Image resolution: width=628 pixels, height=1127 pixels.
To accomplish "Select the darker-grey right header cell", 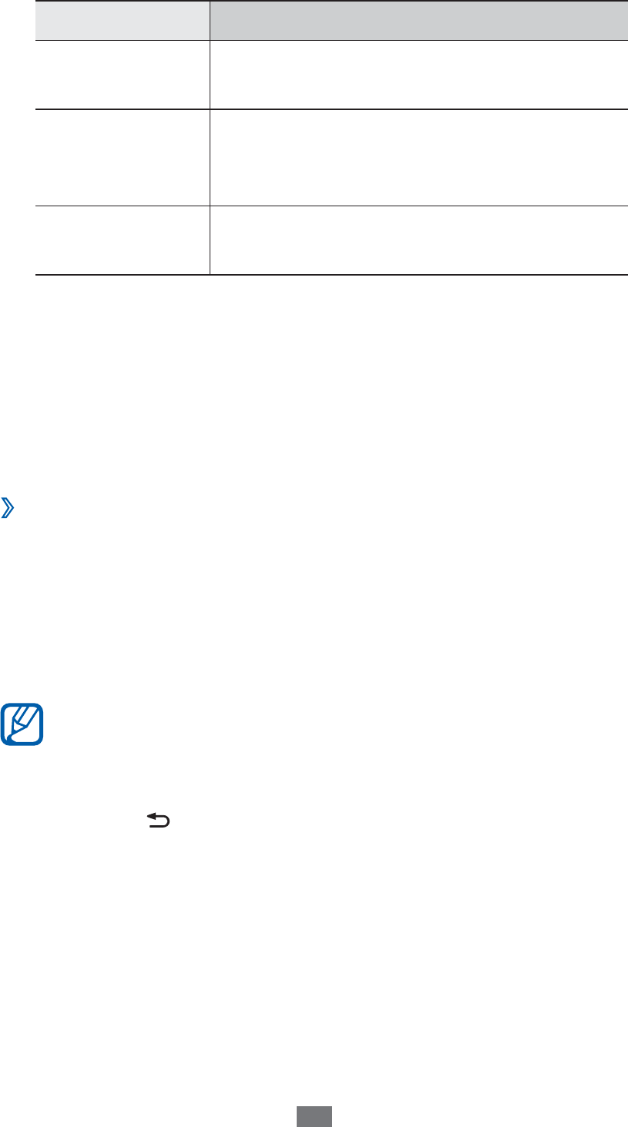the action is pos(419,19).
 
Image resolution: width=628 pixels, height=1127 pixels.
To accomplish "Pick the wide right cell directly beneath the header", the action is pos(419,74).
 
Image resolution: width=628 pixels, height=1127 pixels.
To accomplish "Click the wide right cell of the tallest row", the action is pos(419,157).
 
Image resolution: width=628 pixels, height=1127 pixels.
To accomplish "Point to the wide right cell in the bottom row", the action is pos(419,240).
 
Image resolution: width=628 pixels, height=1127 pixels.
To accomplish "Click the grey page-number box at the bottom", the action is pos(314,1117).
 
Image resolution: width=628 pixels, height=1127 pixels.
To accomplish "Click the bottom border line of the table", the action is pos(332,275).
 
